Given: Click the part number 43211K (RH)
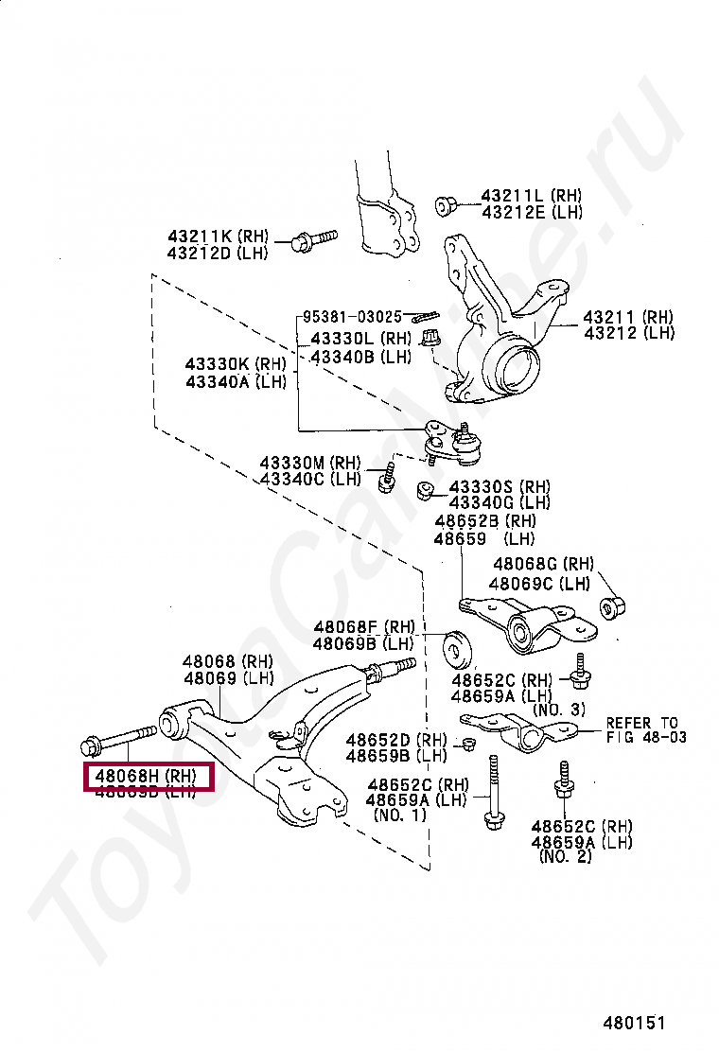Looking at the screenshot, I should [x=219, y=236].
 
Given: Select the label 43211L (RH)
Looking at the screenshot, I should [x=532, y=196].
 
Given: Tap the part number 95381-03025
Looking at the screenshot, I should [x=352, y=316].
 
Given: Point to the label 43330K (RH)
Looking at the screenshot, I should [x=235, y=364].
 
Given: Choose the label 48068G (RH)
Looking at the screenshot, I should [x=543, y=565].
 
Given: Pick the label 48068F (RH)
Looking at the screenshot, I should [x=364, y=627].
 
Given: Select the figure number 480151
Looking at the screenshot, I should [x=636, y=1023].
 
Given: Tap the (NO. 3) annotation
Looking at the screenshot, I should [x=559, y=710].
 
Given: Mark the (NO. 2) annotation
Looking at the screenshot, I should [x=566, y=857].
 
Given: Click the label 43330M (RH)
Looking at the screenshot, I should [x=310, y=463].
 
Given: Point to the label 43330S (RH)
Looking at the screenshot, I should [x=500, y=486].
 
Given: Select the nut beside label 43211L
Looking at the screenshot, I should [x=447, y=205].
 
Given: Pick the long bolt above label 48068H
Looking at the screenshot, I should [x=120, y=737].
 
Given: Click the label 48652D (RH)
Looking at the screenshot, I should [x=395, y=740].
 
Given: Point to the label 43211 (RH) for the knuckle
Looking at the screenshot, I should [x=627, y=318].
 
